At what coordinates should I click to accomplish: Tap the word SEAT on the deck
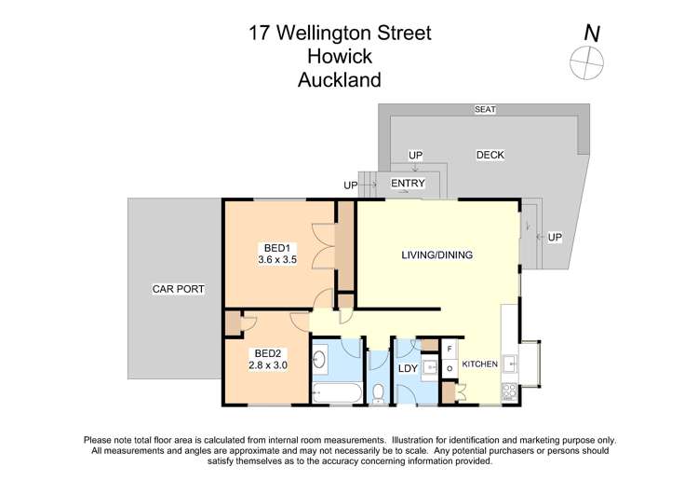point(485,110)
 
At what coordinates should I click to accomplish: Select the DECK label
point(490,155)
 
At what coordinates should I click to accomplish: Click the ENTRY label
point(408,184)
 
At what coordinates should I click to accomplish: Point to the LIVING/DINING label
point(437,255)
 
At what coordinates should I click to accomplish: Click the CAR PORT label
point(178,290)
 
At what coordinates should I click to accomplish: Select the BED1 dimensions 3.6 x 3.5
point(276,261)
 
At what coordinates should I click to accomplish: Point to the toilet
point(378,393)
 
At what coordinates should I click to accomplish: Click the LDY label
point(408,369)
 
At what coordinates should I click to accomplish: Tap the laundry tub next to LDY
point(429,367)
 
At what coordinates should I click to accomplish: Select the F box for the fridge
point(449,350)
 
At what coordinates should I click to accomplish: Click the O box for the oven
point(449,368)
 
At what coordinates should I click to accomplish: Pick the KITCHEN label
point(480,364)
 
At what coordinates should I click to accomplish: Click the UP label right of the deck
point(555,237)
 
